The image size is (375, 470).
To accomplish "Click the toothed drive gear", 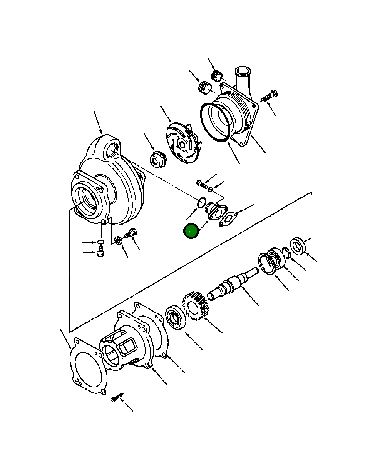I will pyautogui.click(x=196, y=306).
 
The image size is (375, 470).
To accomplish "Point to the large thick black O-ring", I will pyautogui.click(x=216, y=123).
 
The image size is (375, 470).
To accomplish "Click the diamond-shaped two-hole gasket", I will pyautogui.click(x=228, y=219).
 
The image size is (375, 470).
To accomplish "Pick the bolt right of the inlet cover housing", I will pyautogui.click(x=269, y=96).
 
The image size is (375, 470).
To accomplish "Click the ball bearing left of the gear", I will pyautogui.click(x=176, y=318).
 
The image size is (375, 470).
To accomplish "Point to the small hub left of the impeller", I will pyautogui.click(x=157, y=159).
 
